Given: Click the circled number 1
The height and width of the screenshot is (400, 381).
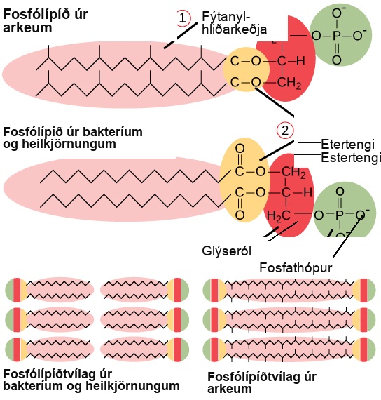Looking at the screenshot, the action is click(x=183, y=18).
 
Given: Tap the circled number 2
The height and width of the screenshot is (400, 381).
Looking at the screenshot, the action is click(x=285, y=131).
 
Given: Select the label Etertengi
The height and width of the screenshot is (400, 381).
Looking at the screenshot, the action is click(x=347, y=145).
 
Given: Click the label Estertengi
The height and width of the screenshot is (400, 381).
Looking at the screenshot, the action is click(x=351, y=158).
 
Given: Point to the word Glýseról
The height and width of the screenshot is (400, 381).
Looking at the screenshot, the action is click(x=227, y=251).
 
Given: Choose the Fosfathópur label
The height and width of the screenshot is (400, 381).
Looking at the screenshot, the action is click(x=296, y=268).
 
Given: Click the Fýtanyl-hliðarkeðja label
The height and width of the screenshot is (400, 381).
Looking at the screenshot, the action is click(x=235, y=23).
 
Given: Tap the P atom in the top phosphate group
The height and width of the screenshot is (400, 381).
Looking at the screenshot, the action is click(x=337, y=36).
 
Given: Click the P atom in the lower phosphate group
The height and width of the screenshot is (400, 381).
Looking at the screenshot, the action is click(x=340, y=215).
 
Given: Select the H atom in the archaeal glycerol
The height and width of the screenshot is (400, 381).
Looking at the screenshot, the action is click(x=300, y=61).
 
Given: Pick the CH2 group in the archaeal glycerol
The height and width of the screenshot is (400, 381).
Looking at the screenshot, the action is click(x=289, y=83).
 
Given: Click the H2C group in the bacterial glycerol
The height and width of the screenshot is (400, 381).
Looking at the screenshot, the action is click(x=278, y=216).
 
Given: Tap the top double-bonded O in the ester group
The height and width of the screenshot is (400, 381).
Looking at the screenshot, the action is click(x=240, y=149).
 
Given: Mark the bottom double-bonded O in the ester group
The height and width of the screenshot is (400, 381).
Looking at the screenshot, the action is click(x=240, y=215).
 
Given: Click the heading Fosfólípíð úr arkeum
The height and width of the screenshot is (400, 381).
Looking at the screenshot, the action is click(x=46, y=21).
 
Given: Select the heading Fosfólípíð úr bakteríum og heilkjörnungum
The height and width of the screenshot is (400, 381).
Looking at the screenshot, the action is click(x=73, y=138).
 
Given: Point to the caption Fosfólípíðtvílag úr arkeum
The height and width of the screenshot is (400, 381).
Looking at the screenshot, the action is click(x=262, y=383).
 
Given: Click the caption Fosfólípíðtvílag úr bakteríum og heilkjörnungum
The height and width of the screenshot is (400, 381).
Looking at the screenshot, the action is click(x=91, y=380).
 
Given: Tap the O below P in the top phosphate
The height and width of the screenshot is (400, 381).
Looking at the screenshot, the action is click(x=337, y=60).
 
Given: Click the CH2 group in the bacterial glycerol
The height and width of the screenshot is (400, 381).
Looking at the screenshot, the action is click(x=293, y=173).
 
